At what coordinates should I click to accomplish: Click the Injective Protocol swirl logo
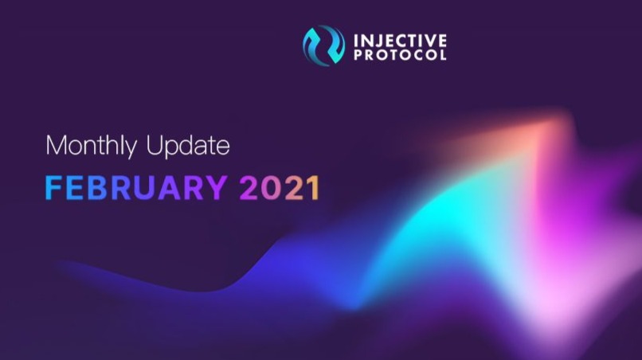point(323,45)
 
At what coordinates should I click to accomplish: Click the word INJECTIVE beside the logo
point(400,41)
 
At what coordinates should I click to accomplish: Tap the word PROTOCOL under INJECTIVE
point(400,55)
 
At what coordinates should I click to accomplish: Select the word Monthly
point(92,147)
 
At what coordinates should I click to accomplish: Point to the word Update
point(188,146)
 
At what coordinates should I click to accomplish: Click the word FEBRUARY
point(136,188)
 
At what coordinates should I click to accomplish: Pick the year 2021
point(280,188)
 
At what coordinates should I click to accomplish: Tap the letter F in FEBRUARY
point(53,188)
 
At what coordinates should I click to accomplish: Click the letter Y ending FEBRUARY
point(215,188)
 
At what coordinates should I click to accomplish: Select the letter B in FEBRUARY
point(98,188)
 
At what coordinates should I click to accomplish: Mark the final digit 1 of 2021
point(314,188)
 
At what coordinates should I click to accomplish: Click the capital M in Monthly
point(55,145)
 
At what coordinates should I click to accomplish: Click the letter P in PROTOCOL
point(358,55)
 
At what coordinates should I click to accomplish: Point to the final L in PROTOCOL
point(443,55)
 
